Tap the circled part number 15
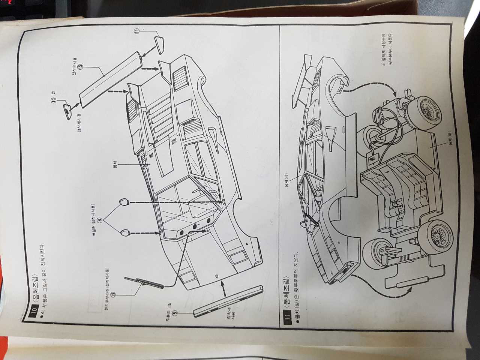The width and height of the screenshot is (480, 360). (81, 67)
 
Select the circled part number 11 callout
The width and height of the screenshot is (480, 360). (137, 31)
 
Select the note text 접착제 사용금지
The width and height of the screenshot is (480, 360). (384, 49)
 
